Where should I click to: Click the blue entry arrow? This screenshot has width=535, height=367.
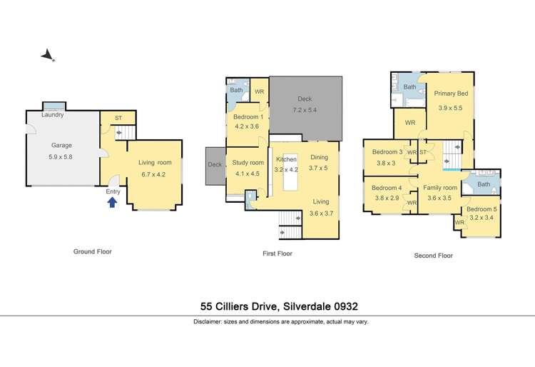[x=112, y=203]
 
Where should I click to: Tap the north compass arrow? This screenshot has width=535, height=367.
[x=47, y=55]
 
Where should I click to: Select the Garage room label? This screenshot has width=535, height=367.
[x=61, y=145]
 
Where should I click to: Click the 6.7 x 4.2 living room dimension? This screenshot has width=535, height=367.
[x=153, y=174]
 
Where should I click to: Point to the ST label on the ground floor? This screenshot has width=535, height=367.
[x=118, y=118]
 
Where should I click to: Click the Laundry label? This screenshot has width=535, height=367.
[x=53, y=115]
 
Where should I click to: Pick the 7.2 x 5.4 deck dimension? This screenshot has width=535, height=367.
[x=305, y=110]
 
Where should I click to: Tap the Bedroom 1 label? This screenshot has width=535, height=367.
[x=248, y=117]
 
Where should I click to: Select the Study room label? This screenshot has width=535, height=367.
[x=248, y=163]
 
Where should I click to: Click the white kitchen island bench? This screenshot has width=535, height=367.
[x=290, y=172]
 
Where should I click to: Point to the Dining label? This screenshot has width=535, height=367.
[x=320, y=157]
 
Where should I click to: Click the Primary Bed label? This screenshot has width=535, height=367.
[x=451, y=94]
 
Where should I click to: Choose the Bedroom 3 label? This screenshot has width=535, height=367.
[x=387, y=152]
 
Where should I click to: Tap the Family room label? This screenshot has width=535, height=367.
[x=440, y=187]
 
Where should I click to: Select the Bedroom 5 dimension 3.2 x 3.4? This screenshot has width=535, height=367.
[x=481, y=218]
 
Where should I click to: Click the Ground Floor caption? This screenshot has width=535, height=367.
[x=93, y=251]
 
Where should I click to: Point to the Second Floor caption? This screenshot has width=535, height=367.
[x=433, y=256]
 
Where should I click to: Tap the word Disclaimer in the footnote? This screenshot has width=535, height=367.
[x=208, y=321]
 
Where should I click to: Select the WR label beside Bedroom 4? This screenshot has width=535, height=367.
[x=412, y=203]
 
